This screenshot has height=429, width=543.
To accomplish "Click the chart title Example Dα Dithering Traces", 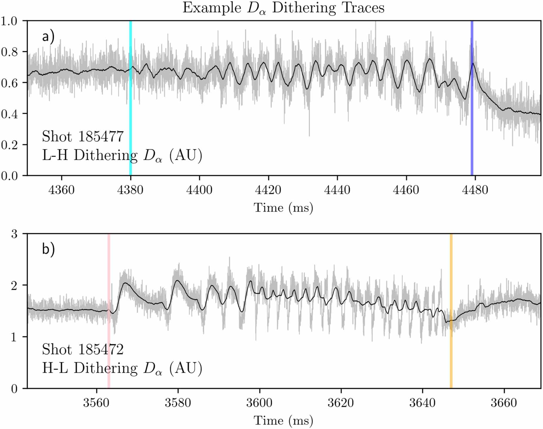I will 283,8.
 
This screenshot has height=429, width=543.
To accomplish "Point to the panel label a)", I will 48,37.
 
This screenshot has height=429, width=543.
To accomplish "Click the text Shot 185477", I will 83,136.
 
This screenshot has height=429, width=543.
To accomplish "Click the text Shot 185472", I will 83,349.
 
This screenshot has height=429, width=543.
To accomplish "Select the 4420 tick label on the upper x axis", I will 268,190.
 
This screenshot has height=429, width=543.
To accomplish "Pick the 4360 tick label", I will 61,190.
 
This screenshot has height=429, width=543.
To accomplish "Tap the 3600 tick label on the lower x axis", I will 259,403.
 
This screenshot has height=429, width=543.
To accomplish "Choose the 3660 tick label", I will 504,403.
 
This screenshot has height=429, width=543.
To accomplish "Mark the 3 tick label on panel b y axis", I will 14,234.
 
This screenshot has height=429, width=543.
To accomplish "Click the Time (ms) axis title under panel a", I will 283,208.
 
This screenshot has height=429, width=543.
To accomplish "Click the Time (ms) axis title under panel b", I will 283,420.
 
